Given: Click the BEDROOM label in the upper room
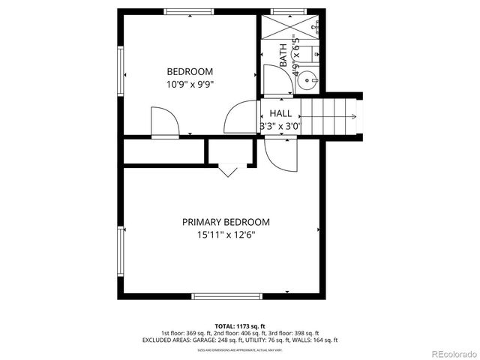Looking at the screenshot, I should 190,72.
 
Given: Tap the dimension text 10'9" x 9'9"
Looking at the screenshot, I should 190,85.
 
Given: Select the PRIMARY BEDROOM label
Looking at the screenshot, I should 226,222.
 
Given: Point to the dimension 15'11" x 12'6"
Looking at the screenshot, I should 226,235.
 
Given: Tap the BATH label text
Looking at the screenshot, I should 283,56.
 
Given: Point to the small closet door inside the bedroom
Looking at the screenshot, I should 165,121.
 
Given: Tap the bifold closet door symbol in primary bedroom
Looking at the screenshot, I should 228,171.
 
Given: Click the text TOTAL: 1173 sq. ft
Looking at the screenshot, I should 240,326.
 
